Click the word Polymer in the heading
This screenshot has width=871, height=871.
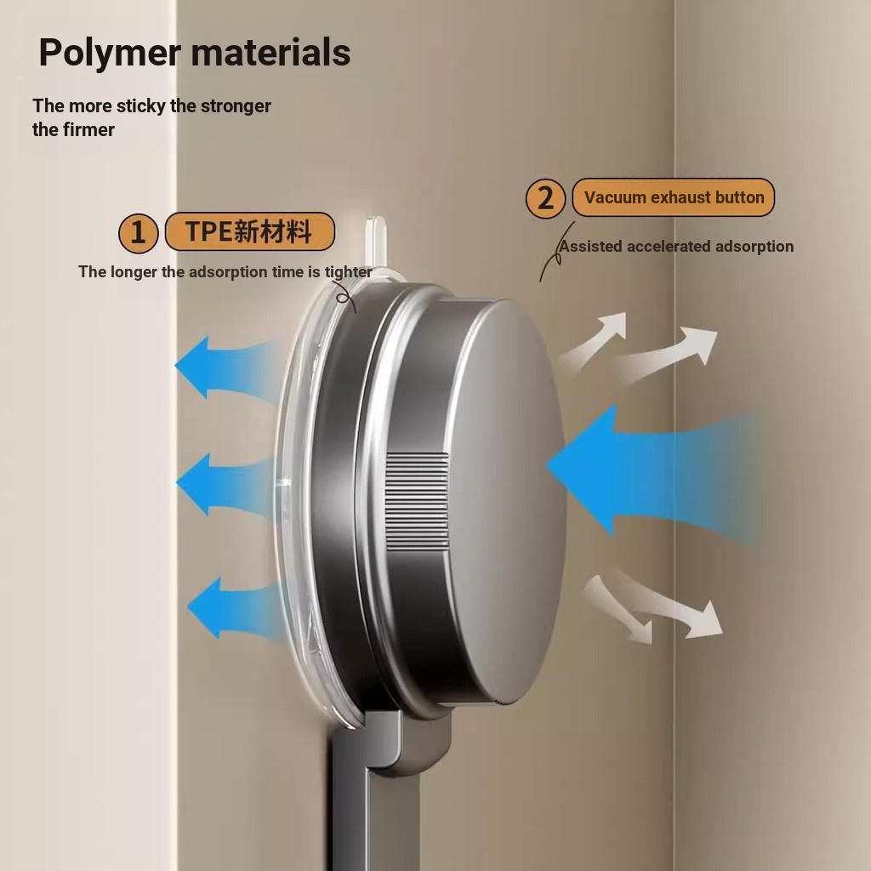pyautogui.click(x=110, y=54)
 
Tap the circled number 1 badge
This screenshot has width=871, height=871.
pyautogui.click(x=139, y=233)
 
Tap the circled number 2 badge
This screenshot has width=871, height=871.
pyautogui.click(x=545, y=198)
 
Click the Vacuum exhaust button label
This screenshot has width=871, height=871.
pyautogui.click(x=674, y=197)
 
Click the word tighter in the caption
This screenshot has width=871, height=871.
pyautogui.click(x=348, y=271)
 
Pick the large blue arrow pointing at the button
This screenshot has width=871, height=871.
pyautogui.click(x=656, y=470)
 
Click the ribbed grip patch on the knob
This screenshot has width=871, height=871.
pyautogui.click(x=417, y=502)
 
